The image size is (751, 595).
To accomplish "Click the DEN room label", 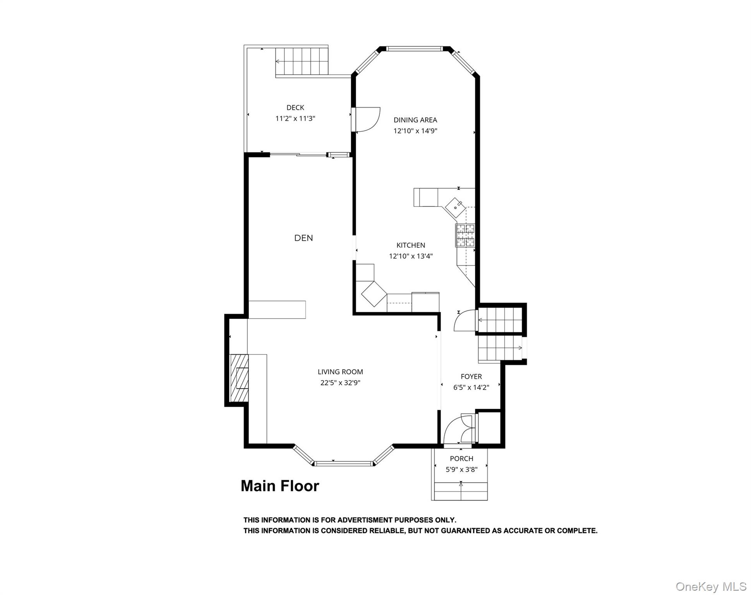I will point(303,238).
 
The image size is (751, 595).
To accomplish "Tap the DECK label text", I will point(295,108).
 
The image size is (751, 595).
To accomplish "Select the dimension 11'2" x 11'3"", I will point(295,119).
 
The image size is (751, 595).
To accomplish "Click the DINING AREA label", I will point(415,120).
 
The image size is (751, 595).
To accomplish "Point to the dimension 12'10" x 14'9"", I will point(415,131).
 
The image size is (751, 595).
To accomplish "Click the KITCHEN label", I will point(411,245).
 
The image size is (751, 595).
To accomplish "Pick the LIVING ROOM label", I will point(340,372).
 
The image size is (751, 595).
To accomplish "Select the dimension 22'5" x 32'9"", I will point(340,383).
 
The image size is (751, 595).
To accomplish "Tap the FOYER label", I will point(471,377).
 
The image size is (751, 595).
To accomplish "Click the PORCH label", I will point(461,459).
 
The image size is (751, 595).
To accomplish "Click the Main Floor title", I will point(280,486).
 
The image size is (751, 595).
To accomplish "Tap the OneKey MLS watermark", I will point(711,586).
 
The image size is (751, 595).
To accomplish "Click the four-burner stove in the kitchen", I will point(465,235).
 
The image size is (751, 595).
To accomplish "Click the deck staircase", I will point(302,61).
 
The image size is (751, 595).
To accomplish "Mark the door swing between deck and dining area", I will point(366,119).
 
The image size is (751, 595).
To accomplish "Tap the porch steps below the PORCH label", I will point(461,491).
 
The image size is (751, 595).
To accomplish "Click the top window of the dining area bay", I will point(414,49).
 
